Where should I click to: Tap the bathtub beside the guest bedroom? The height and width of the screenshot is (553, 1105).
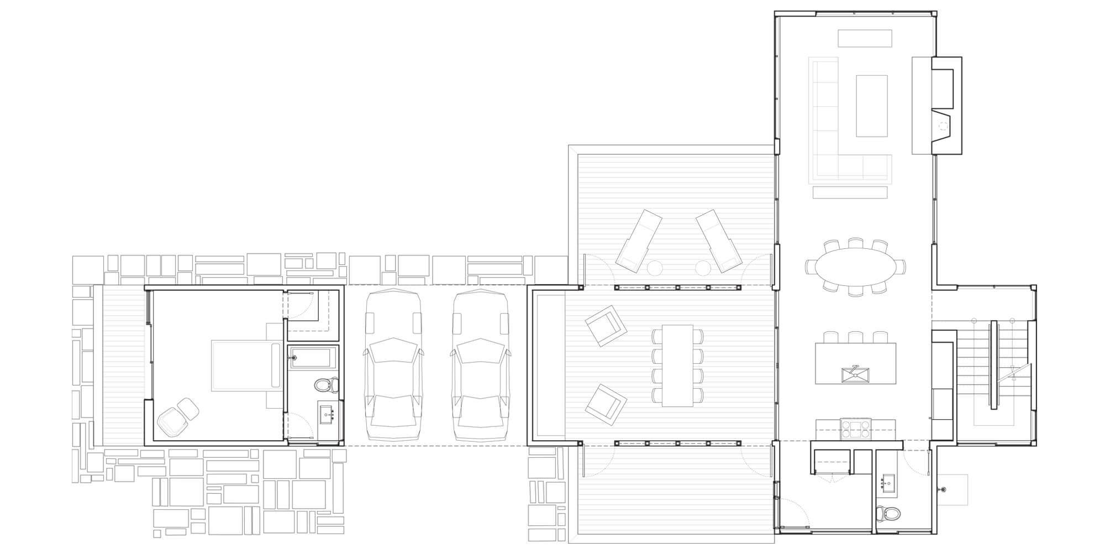(x=313, y=357)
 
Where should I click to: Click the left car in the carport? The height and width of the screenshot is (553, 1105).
(x=393, y=365)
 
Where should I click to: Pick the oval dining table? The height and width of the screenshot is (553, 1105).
(x=855, y=266)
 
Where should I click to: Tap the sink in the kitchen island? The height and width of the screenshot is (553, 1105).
(x=855, y=374)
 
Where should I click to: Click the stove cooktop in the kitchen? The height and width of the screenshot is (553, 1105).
(x=855, y=429)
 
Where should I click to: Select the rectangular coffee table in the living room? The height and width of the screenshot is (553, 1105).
(x=871, y=106)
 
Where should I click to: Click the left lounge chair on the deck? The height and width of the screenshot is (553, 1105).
(x=639, y=239)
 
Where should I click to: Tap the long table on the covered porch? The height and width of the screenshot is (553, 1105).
(x=677, y=366)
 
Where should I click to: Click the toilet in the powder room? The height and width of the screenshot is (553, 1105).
(x=888, y=513)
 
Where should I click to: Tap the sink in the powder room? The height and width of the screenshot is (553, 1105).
(x=889, y=483)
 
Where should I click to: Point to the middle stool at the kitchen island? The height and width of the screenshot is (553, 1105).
(x=855, y=337)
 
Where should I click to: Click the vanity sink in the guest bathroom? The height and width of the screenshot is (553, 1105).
(x=328, y=414)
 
